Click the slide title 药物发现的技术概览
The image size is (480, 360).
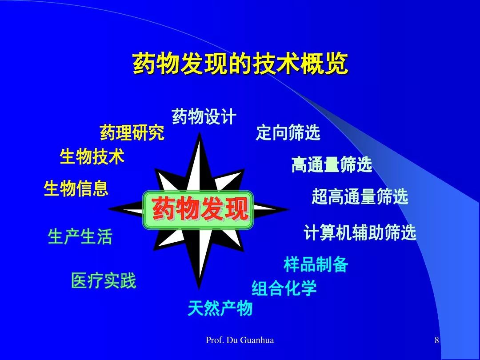[x=240, y=63]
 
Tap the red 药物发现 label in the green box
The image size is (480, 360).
[x=200, y=209]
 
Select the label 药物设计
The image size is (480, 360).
[x=204, y=116]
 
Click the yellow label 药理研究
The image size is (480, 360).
[x=132, y=132]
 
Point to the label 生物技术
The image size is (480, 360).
[x=92, y=156]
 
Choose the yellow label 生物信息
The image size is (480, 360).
[x=76, y=188]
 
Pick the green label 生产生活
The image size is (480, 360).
[x=80, y=236]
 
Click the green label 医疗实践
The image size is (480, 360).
[x=104, y=280]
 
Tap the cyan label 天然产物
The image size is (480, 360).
[x=220, y=308]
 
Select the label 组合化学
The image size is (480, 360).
[x=284, y=288]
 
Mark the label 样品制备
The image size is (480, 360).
[x=316, y=264]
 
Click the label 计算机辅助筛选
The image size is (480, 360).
[x=360, y=232]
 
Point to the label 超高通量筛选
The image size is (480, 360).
[x=360, y=196]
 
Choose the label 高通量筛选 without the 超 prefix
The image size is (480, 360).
[x=332, y=164]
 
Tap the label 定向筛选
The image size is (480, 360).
[x=288, y=132]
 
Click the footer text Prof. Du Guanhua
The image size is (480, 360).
[x=240, y=340]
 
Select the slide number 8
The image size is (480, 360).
[x=437, y=340]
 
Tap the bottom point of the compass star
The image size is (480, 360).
[x=199, y=288]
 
